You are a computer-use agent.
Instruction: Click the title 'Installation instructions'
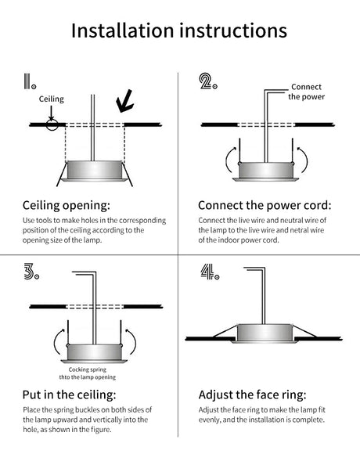coord(179,31)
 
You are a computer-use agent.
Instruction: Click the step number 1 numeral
coord(27,81)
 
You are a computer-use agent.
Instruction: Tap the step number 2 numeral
coord(206,81)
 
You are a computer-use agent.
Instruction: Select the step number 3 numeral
coord(29,272)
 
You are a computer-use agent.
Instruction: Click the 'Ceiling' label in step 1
coord(52,99)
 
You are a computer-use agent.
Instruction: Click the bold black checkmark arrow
coord(125,101)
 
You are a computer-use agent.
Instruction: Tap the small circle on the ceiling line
coord(52,124)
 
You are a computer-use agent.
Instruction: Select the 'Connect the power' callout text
coord(307,92)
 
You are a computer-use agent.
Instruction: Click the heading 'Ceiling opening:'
coord(67,205)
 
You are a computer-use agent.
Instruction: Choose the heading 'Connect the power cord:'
coord(265,205)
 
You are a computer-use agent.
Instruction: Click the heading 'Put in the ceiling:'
coord(69,395)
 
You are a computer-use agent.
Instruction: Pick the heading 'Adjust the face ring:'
coord(252,395)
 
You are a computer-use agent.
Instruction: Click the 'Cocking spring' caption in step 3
coord(88,369)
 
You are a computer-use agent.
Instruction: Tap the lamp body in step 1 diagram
coord(95,170)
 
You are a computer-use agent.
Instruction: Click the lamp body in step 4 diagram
coord(265,333)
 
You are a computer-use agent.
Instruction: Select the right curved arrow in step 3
coord(131,341)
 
